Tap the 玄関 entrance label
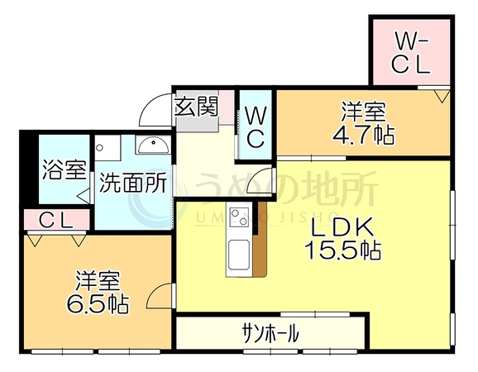click(x=197, y=107)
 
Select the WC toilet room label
click(x=256, y=127)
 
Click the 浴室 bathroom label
click(x=64, y=169)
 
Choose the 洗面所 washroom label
click(x=133, y=183)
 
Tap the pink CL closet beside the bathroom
click(x=56, y=220)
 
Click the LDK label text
click(x=342, y=227)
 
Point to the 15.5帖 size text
click(x=342, y=250)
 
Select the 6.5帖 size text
click(x=98, y=303)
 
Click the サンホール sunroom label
click(x=270, y=333)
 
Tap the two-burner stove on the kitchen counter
click(x=240, y=217)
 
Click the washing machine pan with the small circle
click(x=108, y=148)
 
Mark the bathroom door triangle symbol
click(x=85, y=197)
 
